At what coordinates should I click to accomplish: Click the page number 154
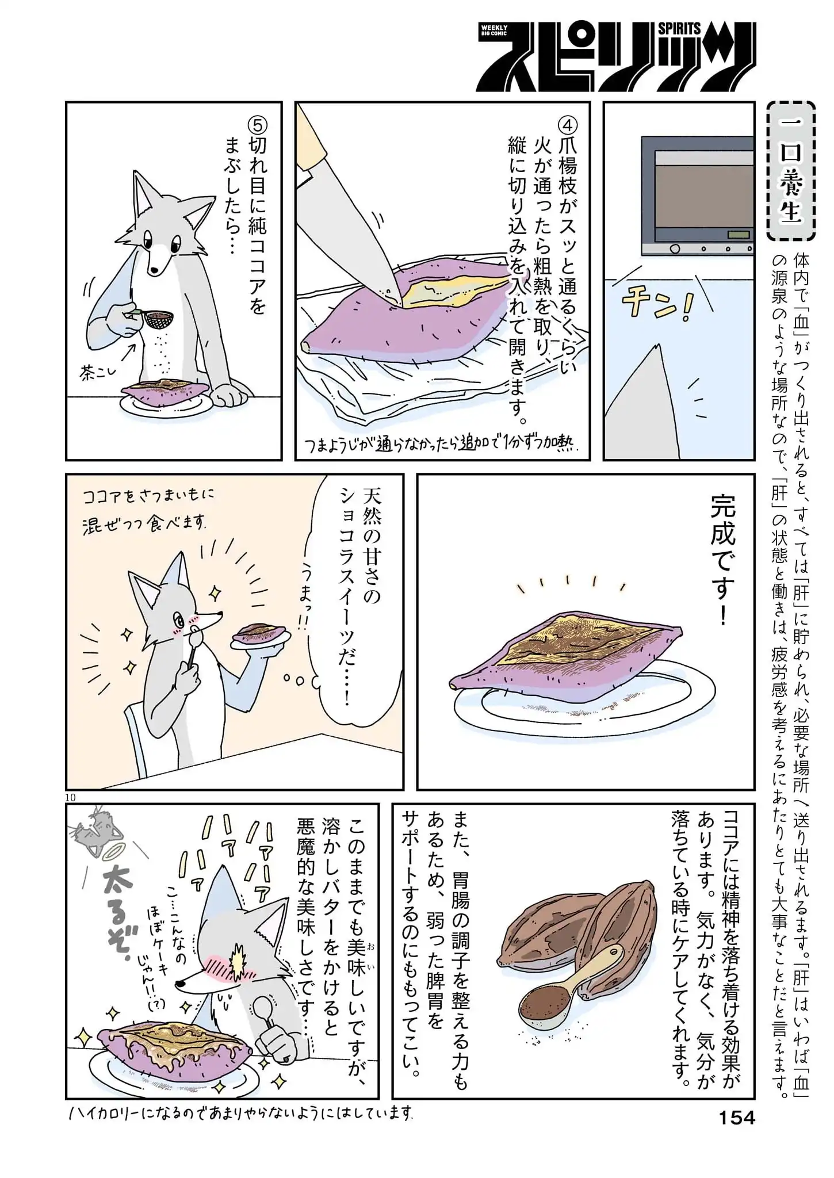[737, 1118]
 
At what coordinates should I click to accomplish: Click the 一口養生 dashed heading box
[791, 171]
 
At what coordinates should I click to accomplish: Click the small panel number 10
[70, 797]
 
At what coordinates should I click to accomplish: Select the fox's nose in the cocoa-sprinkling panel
[153, 269]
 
